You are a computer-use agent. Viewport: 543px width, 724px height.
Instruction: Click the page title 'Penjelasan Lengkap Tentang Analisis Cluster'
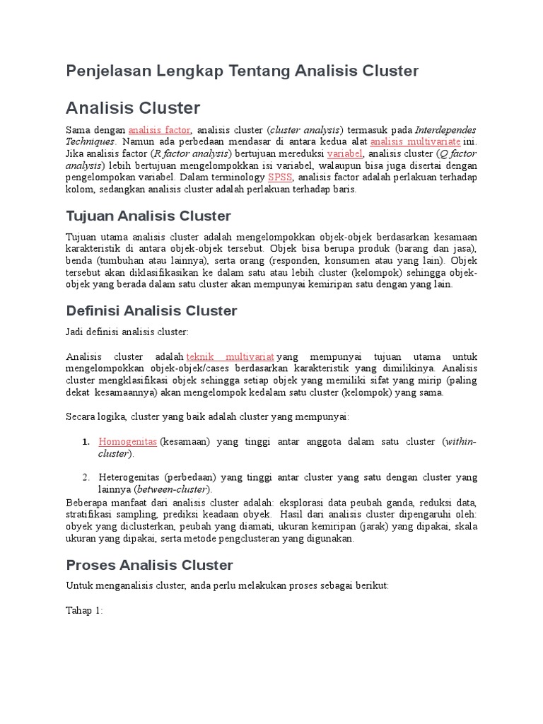coord(242,71)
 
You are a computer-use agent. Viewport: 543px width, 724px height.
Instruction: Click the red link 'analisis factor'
coord(159,130)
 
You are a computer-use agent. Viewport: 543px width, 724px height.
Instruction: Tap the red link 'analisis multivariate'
coord(415,141)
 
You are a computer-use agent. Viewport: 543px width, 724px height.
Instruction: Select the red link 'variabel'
coord(345,153)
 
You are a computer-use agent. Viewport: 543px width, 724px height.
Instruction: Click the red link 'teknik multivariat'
coord(230,357)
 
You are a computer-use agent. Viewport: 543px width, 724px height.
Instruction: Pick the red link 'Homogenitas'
coord(127,441)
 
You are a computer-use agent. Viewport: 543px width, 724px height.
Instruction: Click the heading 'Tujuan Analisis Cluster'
coord(148,216)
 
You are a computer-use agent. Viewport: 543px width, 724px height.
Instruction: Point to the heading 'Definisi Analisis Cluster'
coord(151,311)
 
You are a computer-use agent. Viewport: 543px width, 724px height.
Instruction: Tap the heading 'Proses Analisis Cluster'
coord(149,565)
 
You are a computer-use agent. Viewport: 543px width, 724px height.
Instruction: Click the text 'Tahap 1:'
coord(85,610)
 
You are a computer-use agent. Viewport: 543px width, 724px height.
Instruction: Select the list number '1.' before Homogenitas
coord(86,442)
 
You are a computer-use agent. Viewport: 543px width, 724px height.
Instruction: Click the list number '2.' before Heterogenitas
coord(86,477)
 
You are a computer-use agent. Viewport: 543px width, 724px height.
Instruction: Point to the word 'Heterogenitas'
coord(130,477)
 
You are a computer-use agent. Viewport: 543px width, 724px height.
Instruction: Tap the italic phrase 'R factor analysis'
coord(192,153)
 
